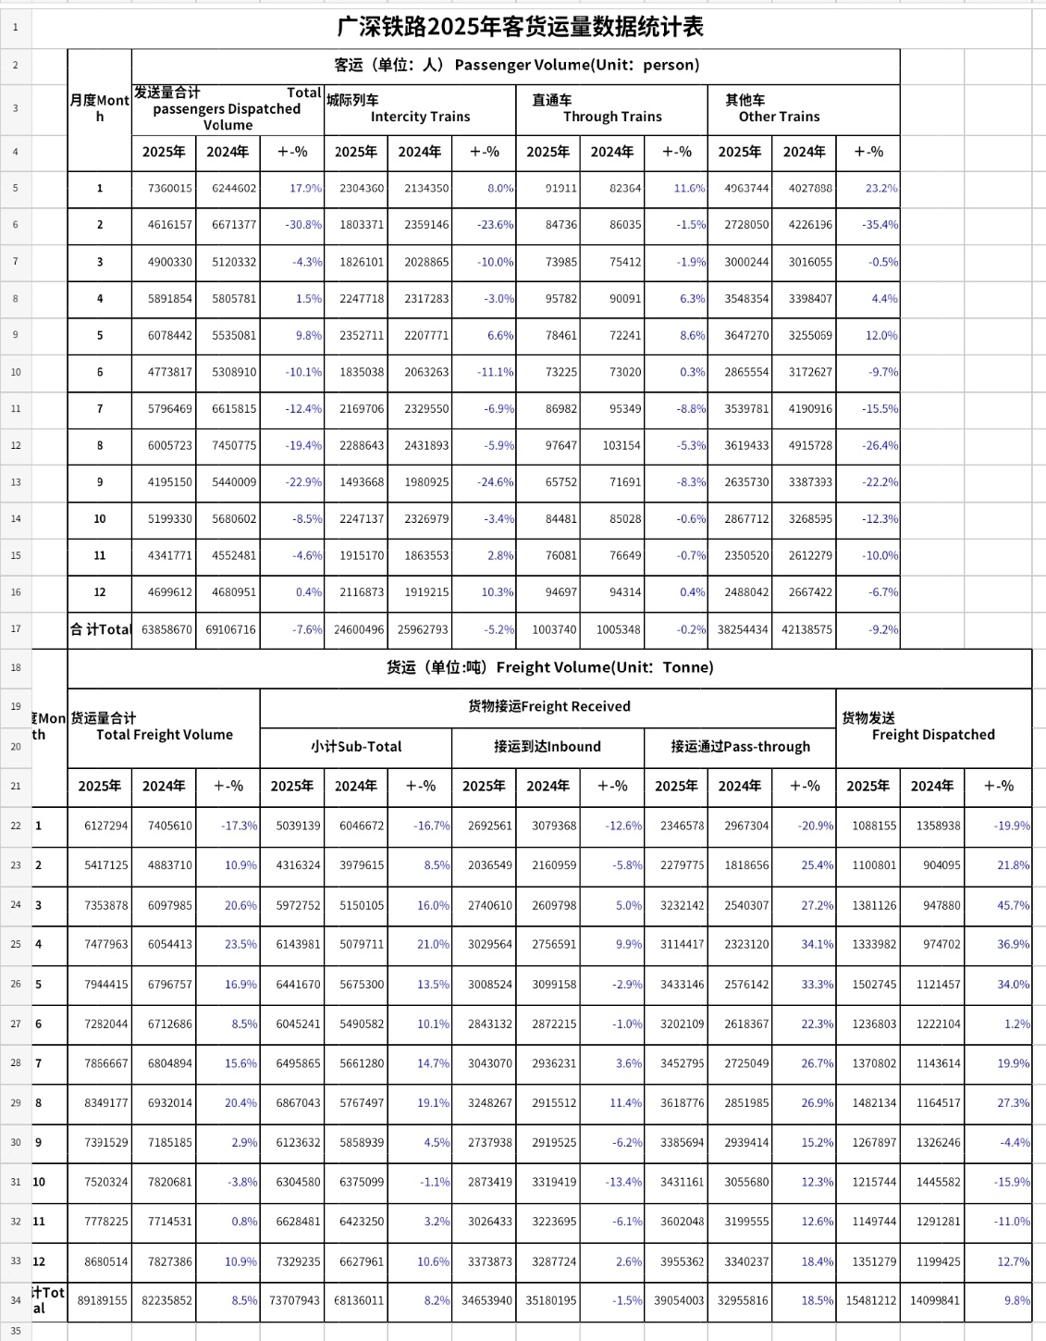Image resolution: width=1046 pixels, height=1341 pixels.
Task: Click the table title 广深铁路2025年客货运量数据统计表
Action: tap(520, 27)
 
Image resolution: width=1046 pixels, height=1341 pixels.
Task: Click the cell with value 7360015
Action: tap(170, 189)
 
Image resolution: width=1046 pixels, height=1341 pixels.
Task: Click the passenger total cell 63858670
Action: tap(167, 630)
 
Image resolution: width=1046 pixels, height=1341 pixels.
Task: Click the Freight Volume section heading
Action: tap(549, 667)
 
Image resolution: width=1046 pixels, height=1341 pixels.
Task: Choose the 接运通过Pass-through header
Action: tap(740, 747)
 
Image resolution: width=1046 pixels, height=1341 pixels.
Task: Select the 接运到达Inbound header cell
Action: tap(548, 747)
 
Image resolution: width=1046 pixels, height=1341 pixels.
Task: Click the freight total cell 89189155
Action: tap(103, 1301)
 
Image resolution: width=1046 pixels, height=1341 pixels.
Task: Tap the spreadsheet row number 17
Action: tap(16, 629)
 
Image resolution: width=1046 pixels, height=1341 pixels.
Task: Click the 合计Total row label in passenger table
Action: tap(101, 630)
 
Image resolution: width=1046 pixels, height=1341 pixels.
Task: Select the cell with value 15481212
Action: tap(870, 1301)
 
